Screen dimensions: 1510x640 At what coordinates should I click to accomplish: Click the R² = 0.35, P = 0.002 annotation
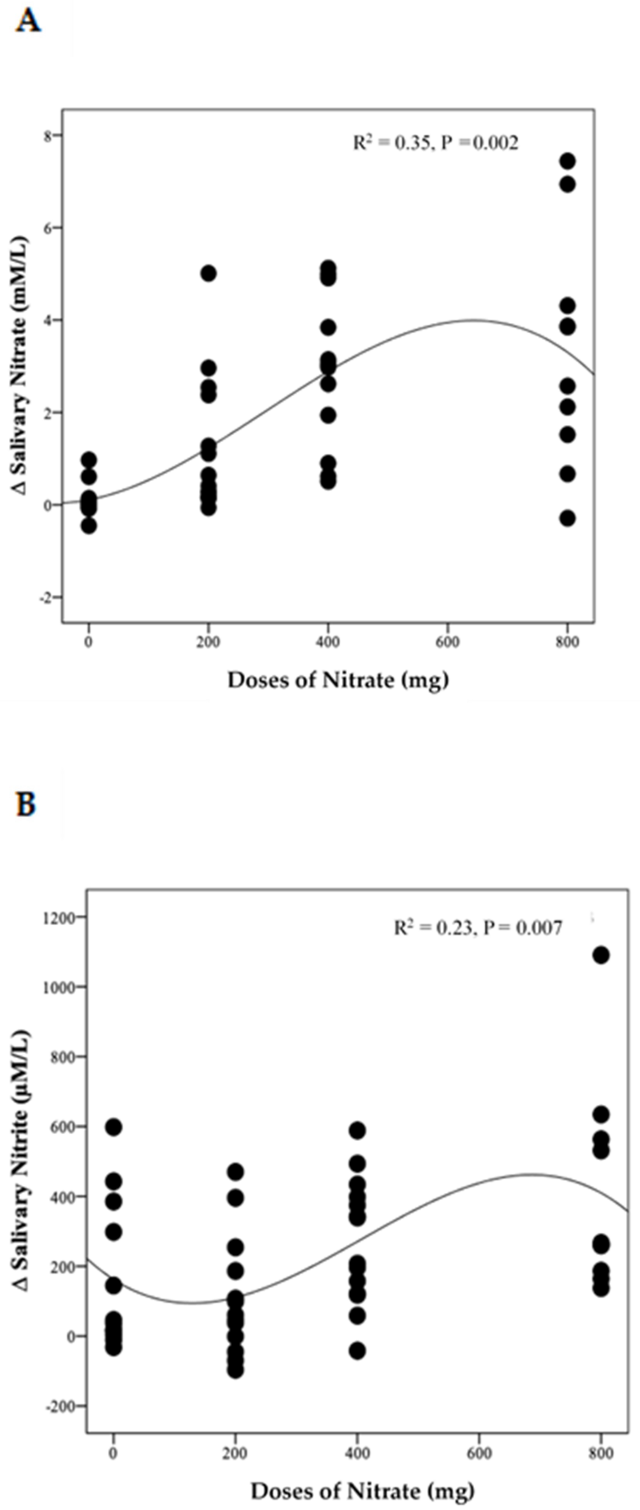tap(436, 142)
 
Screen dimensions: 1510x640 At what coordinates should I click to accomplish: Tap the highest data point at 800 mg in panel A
tap(567, 161)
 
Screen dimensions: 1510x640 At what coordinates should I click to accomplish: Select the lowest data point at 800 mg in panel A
tap(567, 518)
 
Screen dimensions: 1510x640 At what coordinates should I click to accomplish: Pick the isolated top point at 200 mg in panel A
tap(209, 273)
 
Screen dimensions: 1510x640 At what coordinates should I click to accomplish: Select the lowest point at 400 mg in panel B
tap(358, 1351)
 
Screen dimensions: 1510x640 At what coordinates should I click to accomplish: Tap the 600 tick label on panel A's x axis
tap(447, 642)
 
